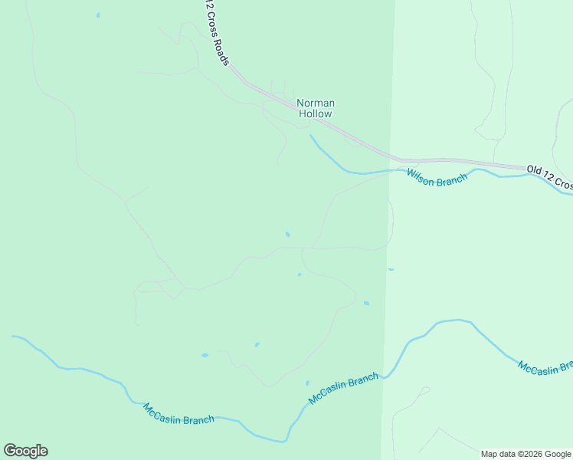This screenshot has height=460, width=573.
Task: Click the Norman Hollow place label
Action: [x=316, y=108]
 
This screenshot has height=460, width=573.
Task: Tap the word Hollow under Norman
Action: [x=316, y=114]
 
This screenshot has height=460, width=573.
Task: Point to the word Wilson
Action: [x=421, y=174]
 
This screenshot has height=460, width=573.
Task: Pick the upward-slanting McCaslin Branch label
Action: [x=343, y=389]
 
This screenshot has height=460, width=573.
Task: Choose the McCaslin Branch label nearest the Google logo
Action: [x=178, y=414]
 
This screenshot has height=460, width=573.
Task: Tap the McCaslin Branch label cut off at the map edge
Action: [x=545, y=368]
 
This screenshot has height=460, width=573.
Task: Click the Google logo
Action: [x=25, y=451]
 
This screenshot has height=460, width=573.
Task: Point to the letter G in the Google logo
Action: [x=10, y=450]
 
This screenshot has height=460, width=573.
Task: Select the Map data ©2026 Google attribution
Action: [x=526, y=454]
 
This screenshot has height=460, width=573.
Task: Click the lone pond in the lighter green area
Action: [x=391, y=269]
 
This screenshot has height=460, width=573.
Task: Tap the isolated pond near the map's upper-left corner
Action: [x=98, y=15]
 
